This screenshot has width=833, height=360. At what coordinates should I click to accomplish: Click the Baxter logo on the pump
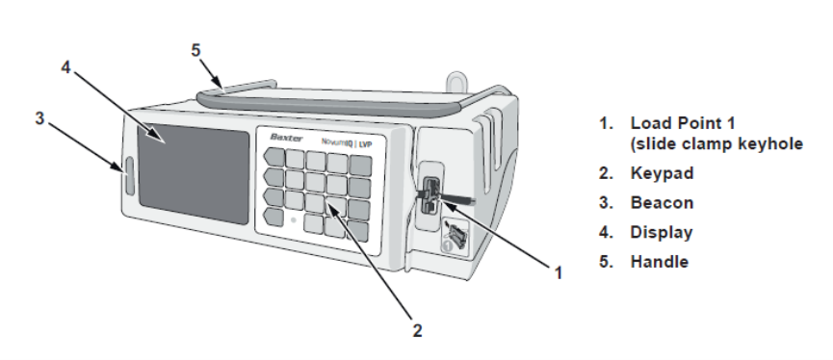[x=286, y=138]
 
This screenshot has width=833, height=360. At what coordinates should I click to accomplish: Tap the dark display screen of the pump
[x=193, y=173]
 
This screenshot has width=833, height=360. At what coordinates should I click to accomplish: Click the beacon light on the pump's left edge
[x=129, y=175]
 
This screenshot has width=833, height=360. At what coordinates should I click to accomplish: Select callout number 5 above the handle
[x=196, y=50]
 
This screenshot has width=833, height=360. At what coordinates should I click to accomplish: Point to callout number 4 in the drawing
[x=65, y=67]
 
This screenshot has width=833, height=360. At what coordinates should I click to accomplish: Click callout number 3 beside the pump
[x=39, y=118]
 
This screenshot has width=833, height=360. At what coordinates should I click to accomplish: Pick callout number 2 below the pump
[x=418, y=331]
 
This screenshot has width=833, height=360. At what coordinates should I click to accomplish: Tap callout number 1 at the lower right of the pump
[x=559, y=273]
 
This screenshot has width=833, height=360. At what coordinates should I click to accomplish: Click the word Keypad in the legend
[x=662, y=173]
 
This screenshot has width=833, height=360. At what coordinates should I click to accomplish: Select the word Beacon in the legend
[x=662, y=203]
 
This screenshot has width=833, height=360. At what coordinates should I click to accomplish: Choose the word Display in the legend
[x=662, y=233]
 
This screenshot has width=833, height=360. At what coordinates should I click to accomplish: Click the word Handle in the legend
[x=660, y=262]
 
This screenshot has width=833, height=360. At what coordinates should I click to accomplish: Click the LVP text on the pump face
[x=366, y=143]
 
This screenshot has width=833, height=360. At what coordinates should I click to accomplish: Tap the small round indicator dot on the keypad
[x=293, y=219]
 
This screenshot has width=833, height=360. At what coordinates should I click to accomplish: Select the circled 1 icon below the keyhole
[x=447, y=245]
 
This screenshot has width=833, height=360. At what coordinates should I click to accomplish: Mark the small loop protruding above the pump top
[x=456, y=81]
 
